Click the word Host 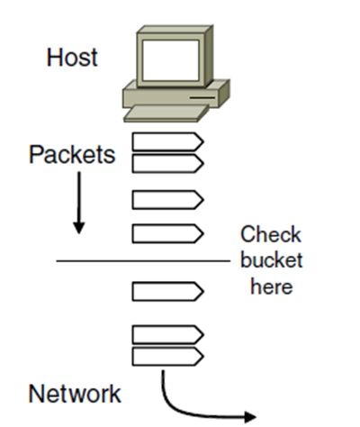click(x=72, y=58)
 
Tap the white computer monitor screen click(x=170, y=60)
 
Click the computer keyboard click(x=166, y=114)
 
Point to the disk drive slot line click(x=202, y=97)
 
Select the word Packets click(x=72, y=155)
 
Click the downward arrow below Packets click(x=79, y=203)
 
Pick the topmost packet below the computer click(x=167, y=141)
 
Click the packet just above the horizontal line click(x=167, y=233)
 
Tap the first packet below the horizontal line click(x=167, y=291)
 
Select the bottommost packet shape click(x=167, y=357)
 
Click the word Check click(x=271, y=234)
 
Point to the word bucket click(x=272, y=260)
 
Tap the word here click(x=272, y=286)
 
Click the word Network click(x=75, y=394)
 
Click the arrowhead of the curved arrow click(x=250, y=417)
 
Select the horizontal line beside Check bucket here click(x=143, y=261)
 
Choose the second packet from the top click(x=167, y=164)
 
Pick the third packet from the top click(x=167, y=200)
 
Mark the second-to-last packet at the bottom click(x=167, y=334)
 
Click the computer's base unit click(x=176, y=94)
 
